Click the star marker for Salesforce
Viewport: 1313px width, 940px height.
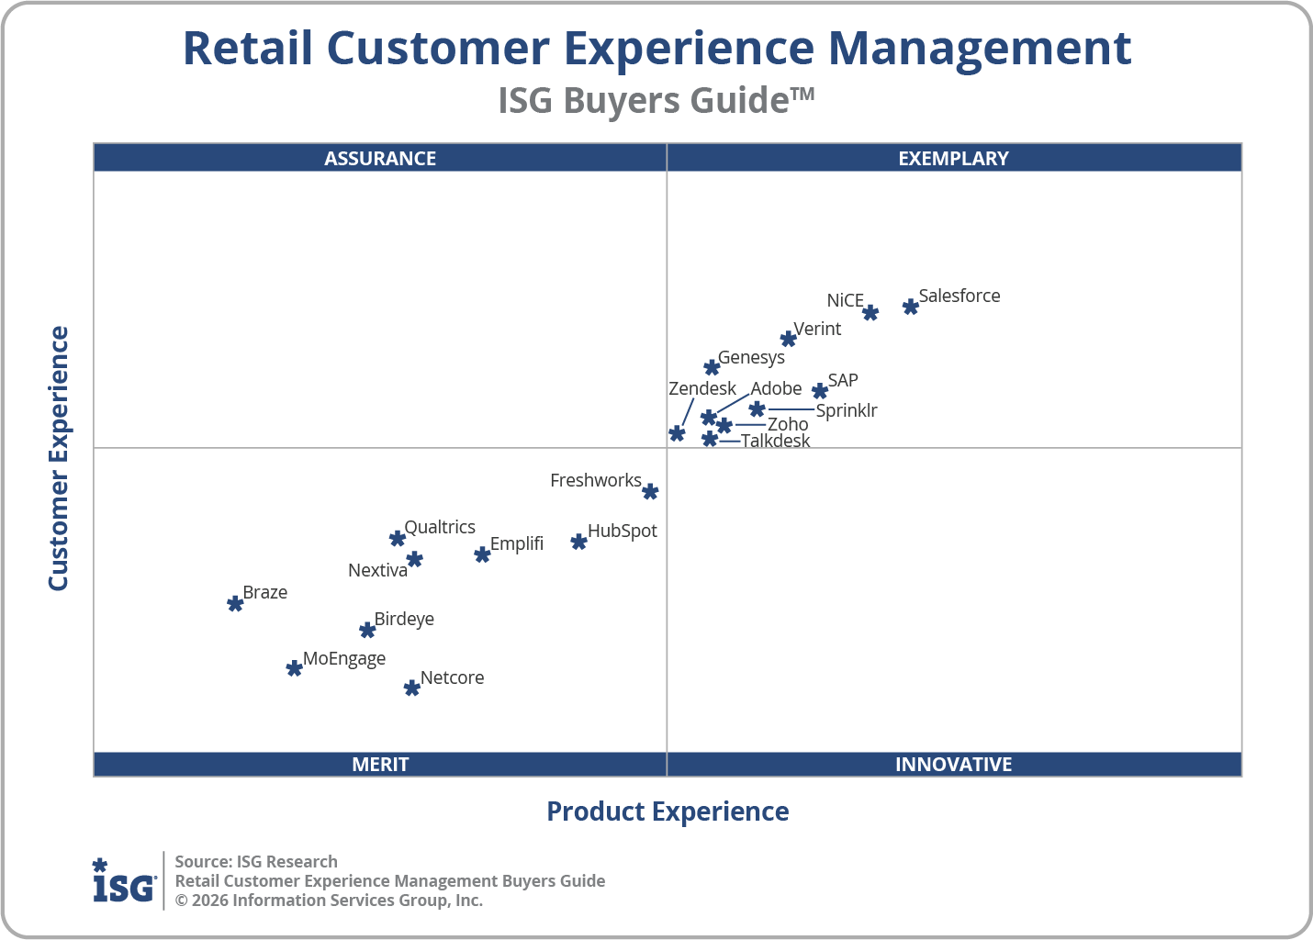click(x=910, y=307)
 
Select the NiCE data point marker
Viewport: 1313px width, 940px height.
click(x=870, y=313)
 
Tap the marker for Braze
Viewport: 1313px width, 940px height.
click(x=235, y=603)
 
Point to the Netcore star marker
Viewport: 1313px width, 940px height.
click(x=412, y=688)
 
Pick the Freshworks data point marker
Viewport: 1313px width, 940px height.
click(x=650, y=492)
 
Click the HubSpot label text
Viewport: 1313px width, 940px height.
click(x=622, y=531)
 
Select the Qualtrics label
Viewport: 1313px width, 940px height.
click(x=440, y=527)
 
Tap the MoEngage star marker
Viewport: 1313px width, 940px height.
click(x=294, y=668)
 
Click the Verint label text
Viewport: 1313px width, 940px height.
click(x=817, y=329)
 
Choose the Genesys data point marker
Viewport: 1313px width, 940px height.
click(x=712, y=368)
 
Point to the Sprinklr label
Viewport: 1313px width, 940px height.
click(x=846, y=410)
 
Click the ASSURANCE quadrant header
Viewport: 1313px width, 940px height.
click(x=380, y=158)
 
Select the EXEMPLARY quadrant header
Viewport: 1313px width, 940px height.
click(x=953, y=158)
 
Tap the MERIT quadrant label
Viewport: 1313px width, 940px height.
click(x=380, y=764)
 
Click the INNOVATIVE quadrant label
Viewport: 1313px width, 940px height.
click(x=953, y=764)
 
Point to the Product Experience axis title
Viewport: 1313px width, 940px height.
click(x=668, y=811)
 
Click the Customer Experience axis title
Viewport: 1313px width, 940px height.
click(x=59, y=459)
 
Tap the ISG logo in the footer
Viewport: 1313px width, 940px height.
click(x=124, y=881)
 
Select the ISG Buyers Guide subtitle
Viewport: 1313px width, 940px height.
click(x=656, y=100)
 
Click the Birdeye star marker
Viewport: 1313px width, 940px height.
click(x=367, y=630)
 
